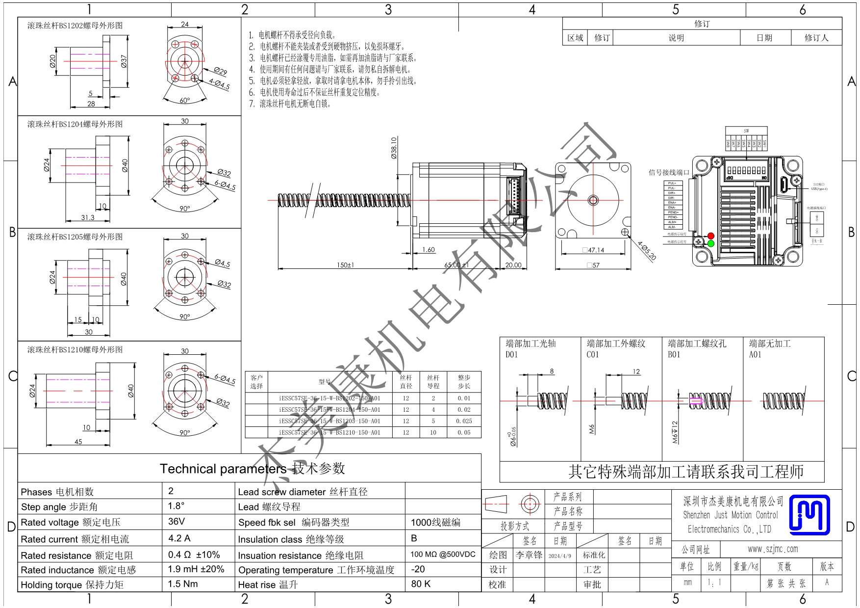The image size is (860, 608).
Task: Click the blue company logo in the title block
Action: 809,515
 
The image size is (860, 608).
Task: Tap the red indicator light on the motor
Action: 711,236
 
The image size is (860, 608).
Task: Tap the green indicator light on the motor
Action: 711,243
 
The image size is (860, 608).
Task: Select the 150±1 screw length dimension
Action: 345,265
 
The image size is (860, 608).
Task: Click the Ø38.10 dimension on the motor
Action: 394,148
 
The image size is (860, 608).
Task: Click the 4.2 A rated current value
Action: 179,538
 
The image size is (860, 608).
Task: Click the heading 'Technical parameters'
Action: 223,469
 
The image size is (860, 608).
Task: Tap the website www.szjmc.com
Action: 773,549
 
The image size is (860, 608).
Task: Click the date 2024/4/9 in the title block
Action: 560,556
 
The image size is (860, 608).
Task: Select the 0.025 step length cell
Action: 464,421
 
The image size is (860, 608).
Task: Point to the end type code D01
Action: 511,355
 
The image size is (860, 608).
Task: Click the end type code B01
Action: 674,355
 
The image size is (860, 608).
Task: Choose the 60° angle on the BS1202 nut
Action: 184,101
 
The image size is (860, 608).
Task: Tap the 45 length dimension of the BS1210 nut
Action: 78,442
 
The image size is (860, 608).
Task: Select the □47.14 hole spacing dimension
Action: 593,250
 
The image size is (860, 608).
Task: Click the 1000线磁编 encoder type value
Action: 435,523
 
